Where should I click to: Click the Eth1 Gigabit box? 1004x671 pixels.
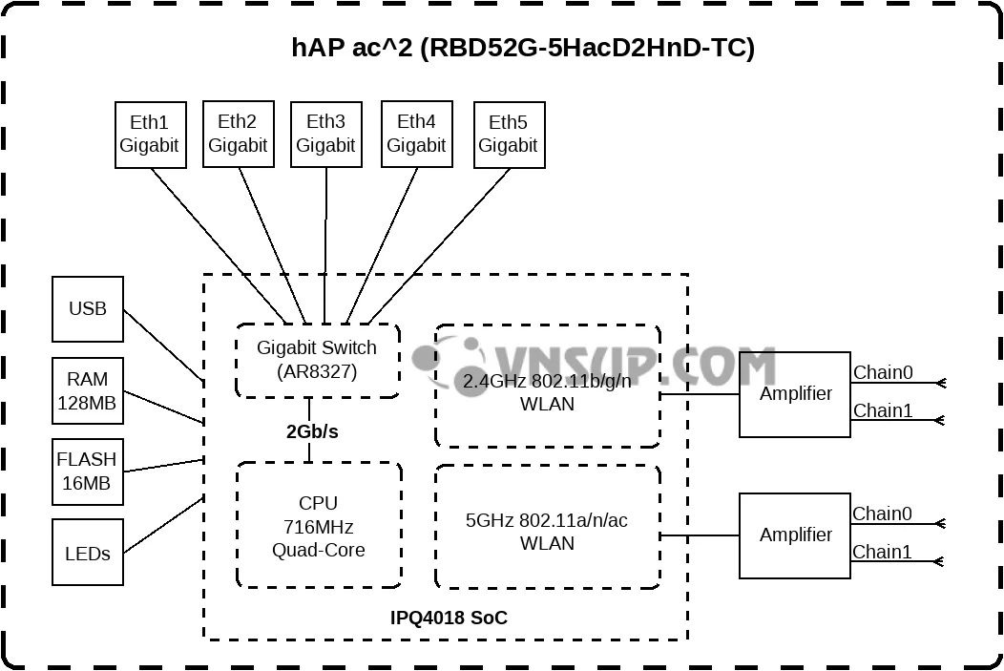coord(150,135)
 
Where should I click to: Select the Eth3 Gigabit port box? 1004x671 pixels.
coord(325,135)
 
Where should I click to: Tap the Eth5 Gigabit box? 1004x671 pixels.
coord(509,135)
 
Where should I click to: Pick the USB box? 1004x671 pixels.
coord(88,309)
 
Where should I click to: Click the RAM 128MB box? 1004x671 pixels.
coord(88,391)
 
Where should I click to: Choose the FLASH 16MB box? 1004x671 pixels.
coord(88,472)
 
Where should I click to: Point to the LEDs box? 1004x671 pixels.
coord(88,553)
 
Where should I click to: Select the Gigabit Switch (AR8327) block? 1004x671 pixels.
coord(317,360)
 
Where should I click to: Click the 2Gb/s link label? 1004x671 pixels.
coord(312,431)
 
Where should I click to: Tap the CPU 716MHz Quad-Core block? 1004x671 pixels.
coord(319,526)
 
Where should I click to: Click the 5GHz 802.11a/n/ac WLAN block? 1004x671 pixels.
coord(547,531)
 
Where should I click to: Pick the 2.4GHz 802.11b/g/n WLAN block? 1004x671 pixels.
coord(547,391)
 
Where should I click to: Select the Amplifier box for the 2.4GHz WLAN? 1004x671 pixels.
coord(795,394)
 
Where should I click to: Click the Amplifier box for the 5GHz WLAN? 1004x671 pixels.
coord(795,535)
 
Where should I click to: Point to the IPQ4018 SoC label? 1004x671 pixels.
coord(449,619)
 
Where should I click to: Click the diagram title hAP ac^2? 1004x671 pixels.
coord(523,49)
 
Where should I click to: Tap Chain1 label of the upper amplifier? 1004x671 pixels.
coord(882,411)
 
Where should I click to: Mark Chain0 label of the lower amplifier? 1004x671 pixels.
coord(882,514)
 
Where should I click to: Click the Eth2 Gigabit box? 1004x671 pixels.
coord(238,135)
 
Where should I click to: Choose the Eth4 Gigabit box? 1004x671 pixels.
coord(416,135)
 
